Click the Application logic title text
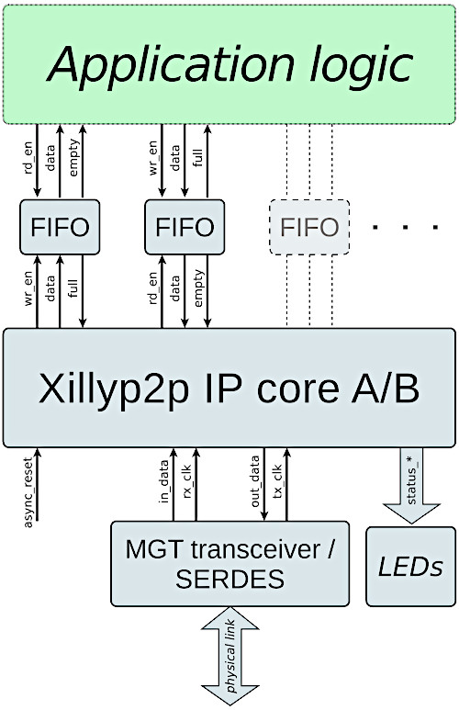click(x=229, y=64)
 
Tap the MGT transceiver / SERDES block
click(x=229, y=564)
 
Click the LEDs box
click(x=410, y=567)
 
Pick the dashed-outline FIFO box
click(x=309, y=227)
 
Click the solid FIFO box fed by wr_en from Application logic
click(x=185, y=227)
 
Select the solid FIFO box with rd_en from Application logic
click(x=60, y=227)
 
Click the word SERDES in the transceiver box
click(x=229, y=580)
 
